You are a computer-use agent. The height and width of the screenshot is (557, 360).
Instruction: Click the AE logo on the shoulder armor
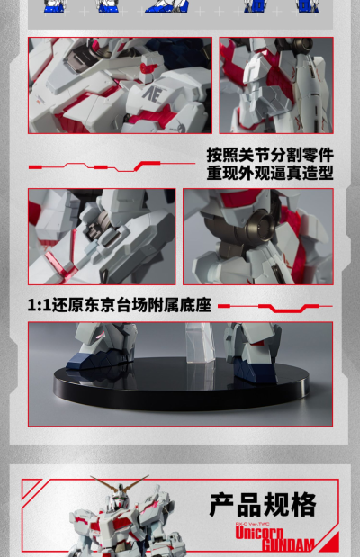click(149, 93)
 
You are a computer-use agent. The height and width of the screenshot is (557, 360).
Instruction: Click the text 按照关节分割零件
click(270, 153)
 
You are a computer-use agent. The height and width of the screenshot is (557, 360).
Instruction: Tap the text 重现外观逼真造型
click(270, 172)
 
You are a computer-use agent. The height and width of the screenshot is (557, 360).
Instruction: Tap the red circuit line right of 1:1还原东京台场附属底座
click(274, 307)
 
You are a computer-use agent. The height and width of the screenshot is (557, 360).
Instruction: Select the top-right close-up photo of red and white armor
click(276, 85)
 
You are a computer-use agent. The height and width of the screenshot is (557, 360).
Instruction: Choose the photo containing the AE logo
click(120, 85)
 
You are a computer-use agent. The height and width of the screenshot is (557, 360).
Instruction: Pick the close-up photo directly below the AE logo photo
click(101, 237)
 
